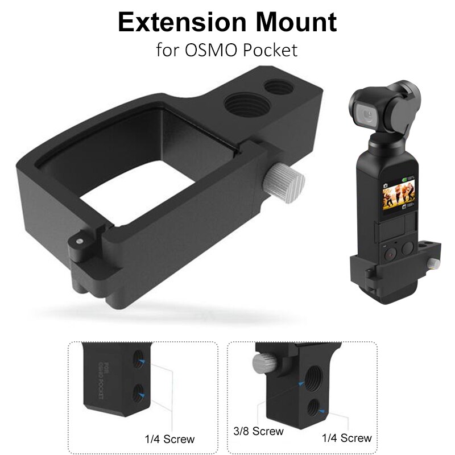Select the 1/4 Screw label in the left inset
pos(169,439)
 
